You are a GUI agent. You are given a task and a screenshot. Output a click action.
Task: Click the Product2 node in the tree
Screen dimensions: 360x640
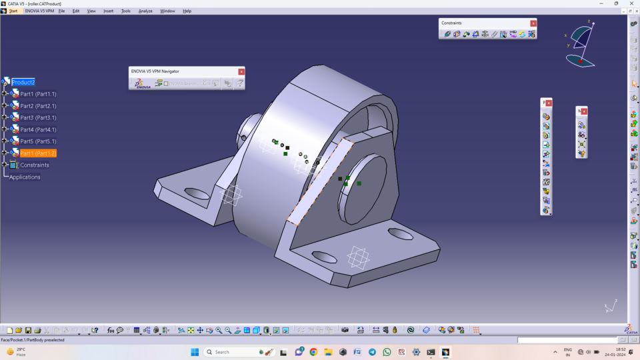coord(23,82)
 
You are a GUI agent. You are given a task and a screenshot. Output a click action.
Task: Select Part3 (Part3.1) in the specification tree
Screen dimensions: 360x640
coord(38,117)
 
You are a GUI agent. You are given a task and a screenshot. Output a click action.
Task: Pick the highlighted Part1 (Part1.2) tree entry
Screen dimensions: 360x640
coord(38,153)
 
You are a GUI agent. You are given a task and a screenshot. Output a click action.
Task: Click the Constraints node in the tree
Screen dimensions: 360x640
coord(34,165)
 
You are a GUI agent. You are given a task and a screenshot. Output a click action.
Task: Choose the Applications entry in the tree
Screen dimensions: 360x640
coord(25,177)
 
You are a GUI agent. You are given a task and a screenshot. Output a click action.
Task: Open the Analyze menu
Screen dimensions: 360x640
coord(145,11)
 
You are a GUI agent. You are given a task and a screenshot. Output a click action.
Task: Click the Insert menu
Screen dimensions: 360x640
coord(108,11)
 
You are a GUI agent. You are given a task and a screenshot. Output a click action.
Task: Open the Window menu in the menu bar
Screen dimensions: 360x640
coord(167,11)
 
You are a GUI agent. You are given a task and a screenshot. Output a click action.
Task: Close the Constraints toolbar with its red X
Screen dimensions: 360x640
coord(533,23)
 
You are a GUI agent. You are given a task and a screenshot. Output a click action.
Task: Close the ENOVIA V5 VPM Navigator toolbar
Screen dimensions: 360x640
coord(241,71)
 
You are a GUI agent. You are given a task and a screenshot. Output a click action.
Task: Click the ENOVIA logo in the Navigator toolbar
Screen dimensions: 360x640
coord(143,83)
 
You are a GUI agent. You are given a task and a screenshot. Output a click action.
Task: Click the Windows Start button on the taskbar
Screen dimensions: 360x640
coord(195,352)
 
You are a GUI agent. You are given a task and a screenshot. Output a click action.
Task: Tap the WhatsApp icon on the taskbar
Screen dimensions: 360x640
coord(387,352)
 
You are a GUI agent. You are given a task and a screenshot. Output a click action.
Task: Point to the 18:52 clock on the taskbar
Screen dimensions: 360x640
coord(620,352)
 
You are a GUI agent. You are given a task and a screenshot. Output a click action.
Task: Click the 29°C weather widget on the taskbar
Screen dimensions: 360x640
coord(17,352)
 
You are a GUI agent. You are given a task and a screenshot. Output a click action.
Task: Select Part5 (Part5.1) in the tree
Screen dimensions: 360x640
coord(38,141)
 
